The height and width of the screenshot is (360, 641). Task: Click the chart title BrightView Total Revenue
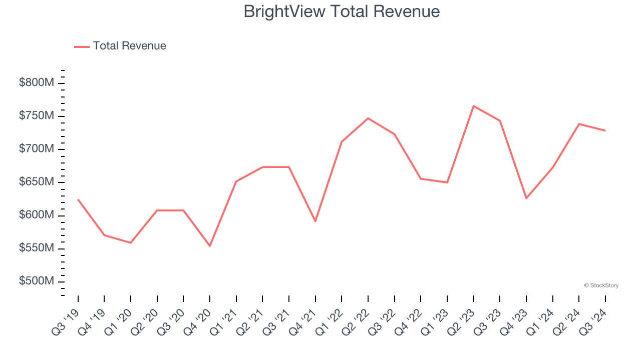pos(342,11)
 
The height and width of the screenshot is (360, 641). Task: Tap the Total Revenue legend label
pos(129,46)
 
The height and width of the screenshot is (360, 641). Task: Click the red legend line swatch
pos(82,46)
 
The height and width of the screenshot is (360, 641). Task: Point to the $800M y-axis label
pos(36,83)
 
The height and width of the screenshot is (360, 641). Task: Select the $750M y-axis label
pos(36,116)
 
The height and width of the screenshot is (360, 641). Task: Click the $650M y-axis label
pos(36,182)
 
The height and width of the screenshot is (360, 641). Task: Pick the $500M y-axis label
pos(36,281)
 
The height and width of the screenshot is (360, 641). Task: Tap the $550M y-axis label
pos(36,248)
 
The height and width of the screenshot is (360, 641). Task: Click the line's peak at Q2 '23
pos(473,106)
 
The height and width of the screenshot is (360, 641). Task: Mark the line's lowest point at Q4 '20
pos(210,246)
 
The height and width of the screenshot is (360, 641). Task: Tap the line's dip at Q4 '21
pos(315,221)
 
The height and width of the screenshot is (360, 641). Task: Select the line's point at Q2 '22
pos(368,118)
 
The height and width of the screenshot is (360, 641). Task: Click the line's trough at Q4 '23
pos(526,198)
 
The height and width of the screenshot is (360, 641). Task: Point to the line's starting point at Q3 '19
pos(78,199)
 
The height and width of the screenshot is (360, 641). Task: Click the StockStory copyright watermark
pos(601,285)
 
